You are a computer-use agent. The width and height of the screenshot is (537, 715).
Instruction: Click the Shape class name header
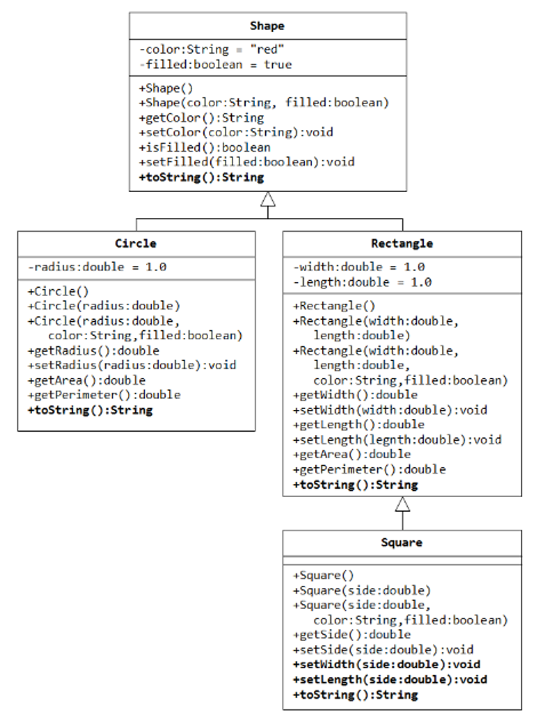(267, 26)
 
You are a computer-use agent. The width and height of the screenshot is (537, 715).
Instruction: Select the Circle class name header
(135, 244)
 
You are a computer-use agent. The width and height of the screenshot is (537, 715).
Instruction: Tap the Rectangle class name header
(402, 244)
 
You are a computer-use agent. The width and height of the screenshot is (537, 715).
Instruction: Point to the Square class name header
(402, 543)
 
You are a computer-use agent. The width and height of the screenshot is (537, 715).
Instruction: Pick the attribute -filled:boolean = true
(215, 64)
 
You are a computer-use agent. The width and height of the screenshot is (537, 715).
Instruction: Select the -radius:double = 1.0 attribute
(97, 267)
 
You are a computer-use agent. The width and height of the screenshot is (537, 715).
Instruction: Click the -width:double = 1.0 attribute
(359, 267)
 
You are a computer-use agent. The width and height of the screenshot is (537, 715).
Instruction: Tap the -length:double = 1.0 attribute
(362, 282)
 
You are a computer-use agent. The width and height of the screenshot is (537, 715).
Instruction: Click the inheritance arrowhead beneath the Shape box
(267, 199)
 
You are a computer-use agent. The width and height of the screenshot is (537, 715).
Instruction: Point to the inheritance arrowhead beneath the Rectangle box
(402, 503)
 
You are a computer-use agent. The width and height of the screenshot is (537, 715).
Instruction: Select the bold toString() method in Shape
(201, 177)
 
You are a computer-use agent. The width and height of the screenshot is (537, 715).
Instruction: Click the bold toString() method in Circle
(89, 410)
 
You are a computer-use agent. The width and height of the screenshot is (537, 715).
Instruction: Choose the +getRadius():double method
(93, 351)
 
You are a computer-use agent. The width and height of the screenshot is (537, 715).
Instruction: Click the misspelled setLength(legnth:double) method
(397, 440)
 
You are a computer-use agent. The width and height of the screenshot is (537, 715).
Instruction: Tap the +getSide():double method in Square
(351, 635)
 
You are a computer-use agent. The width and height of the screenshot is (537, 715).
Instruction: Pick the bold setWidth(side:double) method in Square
(386, 665)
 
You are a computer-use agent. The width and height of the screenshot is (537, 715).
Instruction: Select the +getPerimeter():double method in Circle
(103, 395)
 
